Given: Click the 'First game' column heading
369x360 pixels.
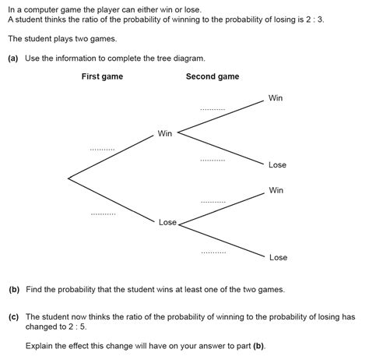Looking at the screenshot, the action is click(102, 76).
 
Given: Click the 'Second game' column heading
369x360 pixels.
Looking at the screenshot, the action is click(213, 76).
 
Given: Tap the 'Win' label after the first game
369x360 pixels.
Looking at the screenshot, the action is click(165, 133).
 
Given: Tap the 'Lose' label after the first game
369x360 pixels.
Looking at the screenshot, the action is click(167, 222).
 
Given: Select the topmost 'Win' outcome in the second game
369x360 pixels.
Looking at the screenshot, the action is click(276, 97).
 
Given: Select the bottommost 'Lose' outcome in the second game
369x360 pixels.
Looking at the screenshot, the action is click(278, 257).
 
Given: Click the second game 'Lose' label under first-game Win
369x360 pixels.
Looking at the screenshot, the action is click(277, 164).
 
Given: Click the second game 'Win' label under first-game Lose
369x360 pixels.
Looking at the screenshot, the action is click(276, 190).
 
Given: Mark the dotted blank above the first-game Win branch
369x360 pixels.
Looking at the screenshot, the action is click(102, 148).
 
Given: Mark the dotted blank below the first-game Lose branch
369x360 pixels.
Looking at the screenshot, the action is click(103, 213).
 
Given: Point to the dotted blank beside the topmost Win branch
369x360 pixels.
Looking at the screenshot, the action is click(212, 109).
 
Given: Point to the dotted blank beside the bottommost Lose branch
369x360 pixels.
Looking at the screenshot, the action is click(213, 252).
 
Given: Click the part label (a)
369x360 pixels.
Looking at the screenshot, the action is click(13, 57).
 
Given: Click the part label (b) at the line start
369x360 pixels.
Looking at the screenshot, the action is click(14, 289).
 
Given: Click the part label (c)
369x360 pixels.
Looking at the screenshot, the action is click(14, 317).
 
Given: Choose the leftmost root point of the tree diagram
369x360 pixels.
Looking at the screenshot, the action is click(69, 178).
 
